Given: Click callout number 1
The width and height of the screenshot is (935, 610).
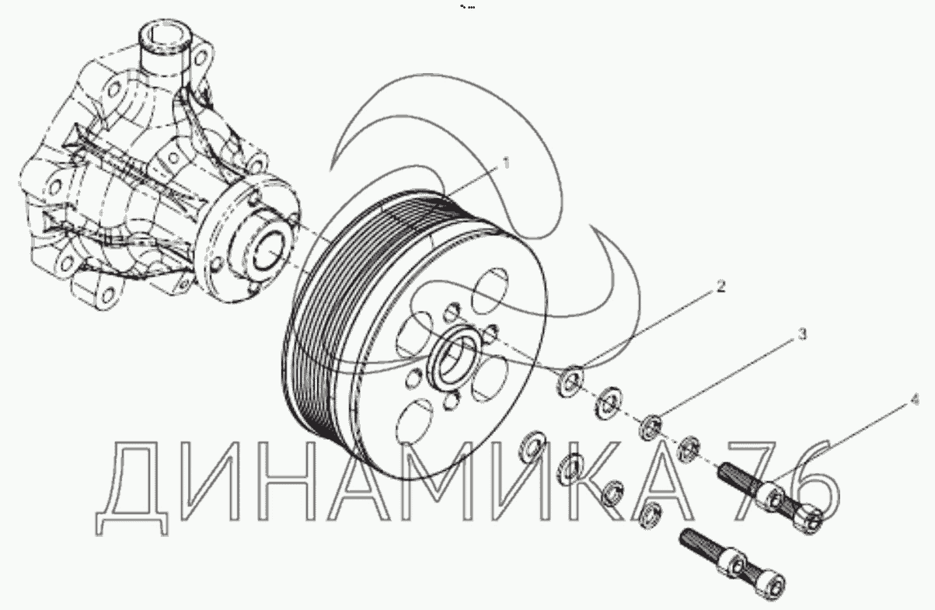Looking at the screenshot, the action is coord(506,163).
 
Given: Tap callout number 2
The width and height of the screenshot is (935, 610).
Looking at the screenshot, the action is coord(720,287).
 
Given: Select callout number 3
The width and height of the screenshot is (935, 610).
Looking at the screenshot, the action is coord(802,334).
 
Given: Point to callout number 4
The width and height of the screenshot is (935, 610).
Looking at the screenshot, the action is coord(914,399).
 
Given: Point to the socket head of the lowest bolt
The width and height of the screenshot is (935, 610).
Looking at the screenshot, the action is coord(769,586).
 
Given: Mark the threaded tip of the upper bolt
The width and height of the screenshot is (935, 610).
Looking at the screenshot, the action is coord(725,471).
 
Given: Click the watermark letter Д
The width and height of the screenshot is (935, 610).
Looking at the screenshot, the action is coord(132,487).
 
